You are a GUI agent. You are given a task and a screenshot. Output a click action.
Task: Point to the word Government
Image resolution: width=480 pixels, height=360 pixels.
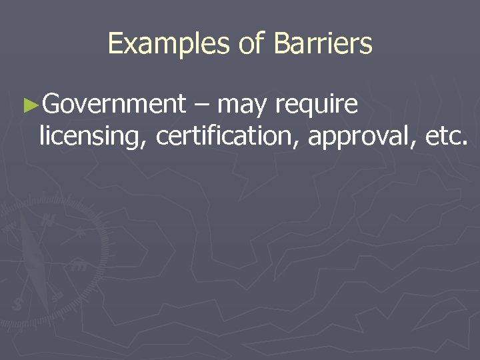click(x=113, y=105)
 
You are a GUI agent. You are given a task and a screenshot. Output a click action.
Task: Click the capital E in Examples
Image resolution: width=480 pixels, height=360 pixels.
click(x=115, y=45)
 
